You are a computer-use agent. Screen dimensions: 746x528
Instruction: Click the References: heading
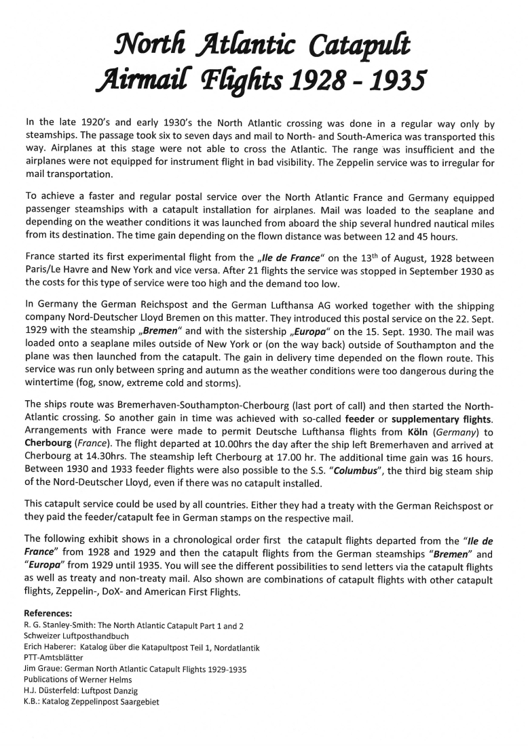(52, 612)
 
